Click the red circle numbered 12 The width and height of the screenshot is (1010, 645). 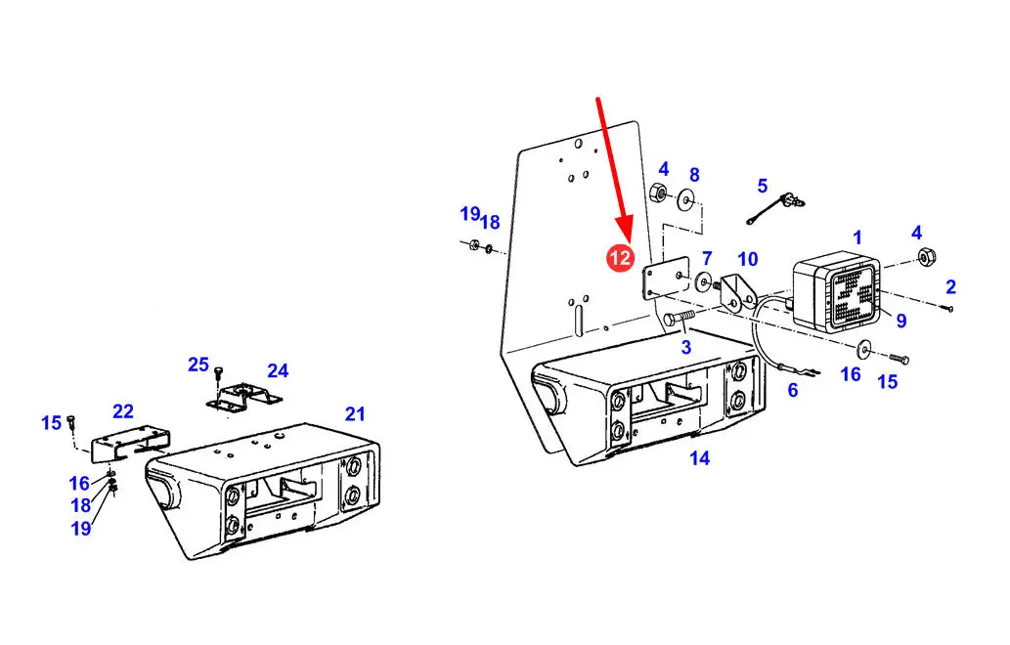pos(620,258)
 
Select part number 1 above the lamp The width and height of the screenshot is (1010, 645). pos(857,237)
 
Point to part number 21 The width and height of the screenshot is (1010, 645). pos(355,414)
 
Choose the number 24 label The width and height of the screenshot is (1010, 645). pos(278,370)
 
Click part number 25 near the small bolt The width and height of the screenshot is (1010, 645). pos(198,365)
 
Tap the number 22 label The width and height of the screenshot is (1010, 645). pos(123,411)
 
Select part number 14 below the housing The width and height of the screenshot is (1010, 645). pos(699,458)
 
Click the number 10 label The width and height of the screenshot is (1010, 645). pos(747,259)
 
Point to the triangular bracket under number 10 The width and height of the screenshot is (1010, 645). pos(736,293)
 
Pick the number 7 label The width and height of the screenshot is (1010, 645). pos(707,258)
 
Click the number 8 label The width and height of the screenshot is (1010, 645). pos(694,175)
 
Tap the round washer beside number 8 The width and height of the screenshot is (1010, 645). pos(686,200)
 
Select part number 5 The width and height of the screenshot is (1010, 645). pos(763,186)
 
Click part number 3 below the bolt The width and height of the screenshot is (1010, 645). pos(686,348)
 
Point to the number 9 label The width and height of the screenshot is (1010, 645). pos(901,321)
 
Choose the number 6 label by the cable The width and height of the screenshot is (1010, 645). pos(793,390)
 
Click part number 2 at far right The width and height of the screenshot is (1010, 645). pos(950,287)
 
